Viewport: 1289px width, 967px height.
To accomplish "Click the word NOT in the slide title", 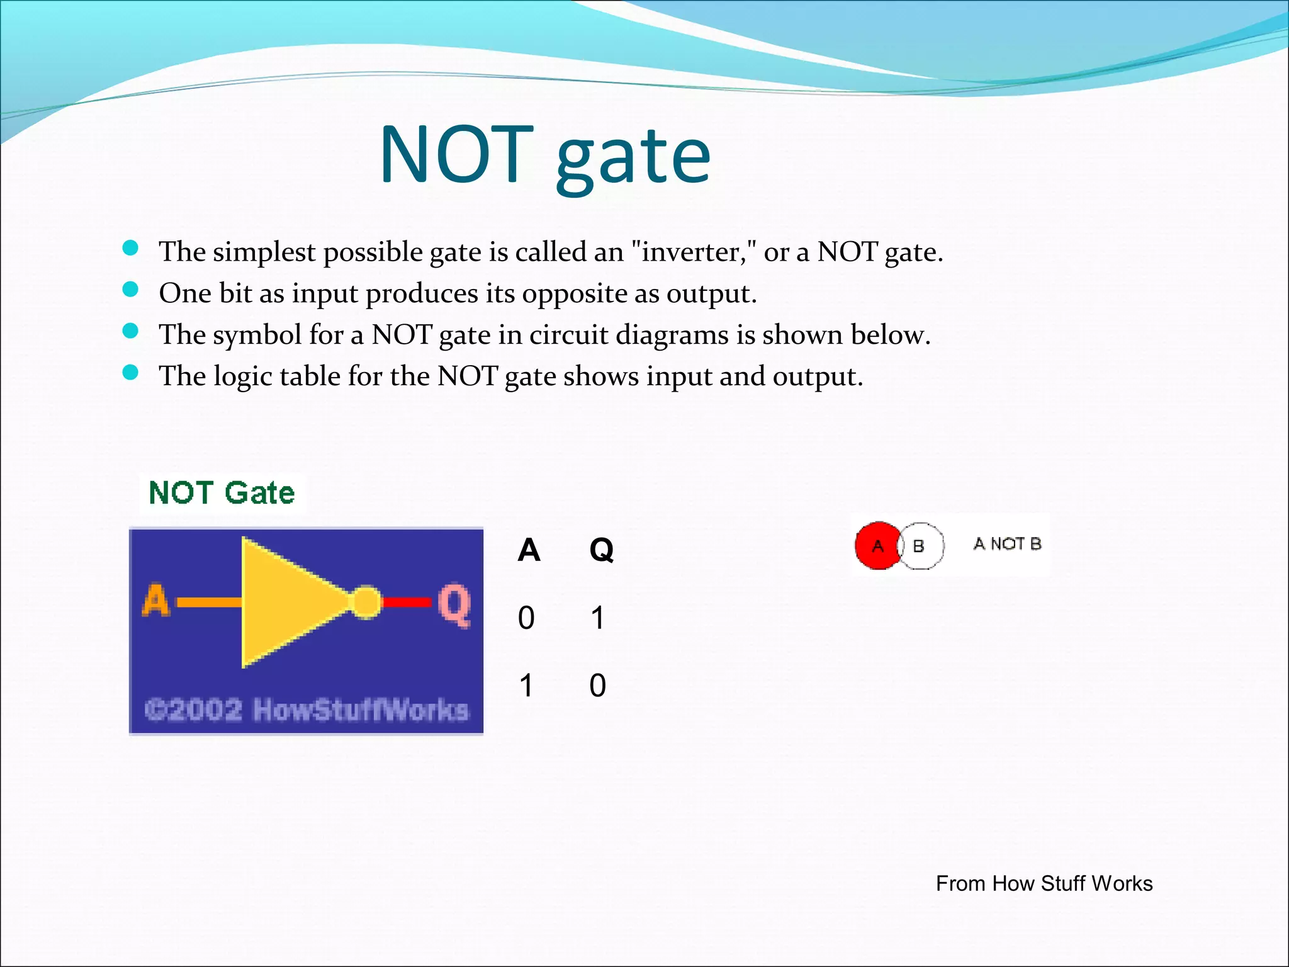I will click(456, 155).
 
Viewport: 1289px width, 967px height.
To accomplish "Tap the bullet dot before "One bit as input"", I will click(130, 290).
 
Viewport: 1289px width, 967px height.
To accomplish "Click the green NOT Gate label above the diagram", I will click(222, 493).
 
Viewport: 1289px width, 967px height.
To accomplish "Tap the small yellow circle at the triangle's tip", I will click(365, 602).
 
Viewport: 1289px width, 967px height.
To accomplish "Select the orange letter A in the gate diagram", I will click(156, 601).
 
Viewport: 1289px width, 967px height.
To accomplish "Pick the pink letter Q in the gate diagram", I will click(454, 604).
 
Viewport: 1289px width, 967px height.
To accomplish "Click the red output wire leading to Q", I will click(406, 602).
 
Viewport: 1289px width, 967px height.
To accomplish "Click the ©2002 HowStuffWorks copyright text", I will click(307, 710).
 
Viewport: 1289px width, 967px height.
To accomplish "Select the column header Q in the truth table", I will click(601, 550).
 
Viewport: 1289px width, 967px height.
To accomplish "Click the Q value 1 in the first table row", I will click(597, 618).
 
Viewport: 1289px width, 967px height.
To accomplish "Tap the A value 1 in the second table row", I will click(526, 686).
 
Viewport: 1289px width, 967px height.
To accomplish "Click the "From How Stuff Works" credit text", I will click(1044, 884).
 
